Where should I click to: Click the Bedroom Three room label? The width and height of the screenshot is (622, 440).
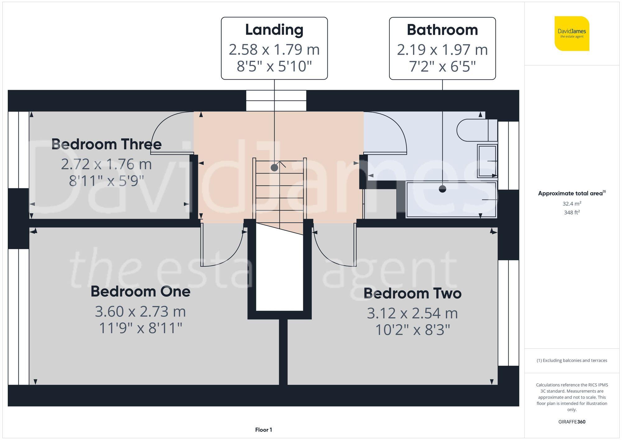106,144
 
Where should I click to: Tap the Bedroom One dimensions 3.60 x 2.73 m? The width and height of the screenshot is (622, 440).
140,312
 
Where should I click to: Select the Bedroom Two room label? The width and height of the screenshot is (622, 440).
412,293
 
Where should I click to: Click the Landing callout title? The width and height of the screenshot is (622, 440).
274,30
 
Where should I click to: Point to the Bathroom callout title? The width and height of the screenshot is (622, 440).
442,30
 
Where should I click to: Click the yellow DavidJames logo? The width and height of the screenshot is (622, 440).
572,34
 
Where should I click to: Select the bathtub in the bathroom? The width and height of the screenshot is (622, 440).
451,199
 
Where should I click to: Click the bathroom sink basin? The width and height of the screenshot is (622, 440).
487,161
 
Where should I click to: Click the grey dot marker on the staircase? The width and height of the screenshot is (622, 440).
274,168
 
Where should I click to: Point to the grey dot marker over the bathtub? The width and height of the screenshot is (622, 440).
442,189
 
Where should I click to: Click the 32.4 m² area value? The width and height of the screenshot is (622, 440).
572,204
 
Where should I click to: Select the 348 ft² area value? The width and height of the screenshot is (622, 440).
572,213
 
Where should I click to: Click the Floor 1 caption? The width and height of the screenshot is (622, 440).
263,430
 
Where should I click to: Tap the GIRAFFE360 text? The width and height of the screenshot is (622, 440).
572,422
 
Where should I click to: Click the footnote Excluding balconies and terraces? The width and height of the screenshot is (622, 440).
572,360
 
